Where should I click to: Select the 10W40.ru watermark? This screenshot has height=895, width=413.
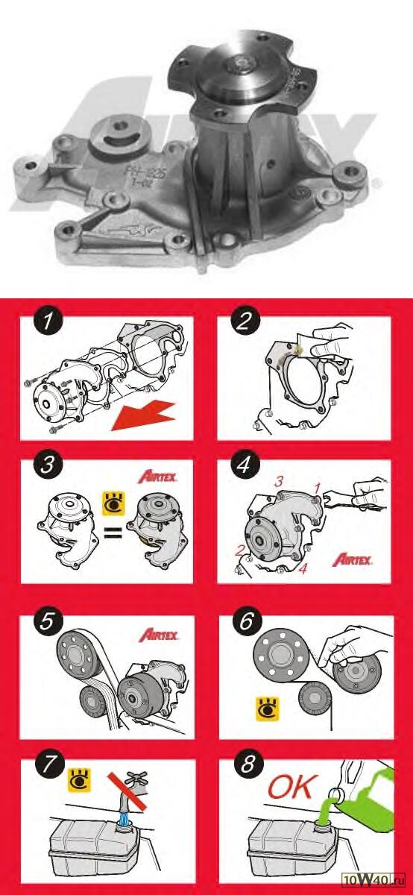pyautogui.click(x=376, y=880)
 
